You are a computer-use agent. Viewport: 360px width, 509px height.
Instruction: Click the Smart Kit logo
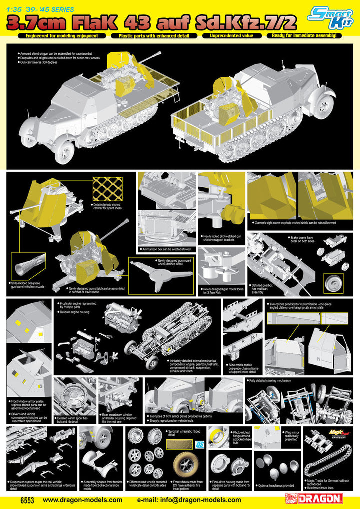(330, 16)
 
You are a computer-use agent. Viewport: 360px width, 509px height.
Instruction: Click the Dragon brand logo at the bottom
(313, 498)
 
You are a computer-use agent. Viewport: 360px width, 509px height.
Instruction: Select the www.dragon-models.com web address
(82, 499)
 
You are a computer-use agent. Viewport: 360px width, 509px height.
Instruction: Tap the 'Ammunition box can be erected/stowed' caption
(167, 248)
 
